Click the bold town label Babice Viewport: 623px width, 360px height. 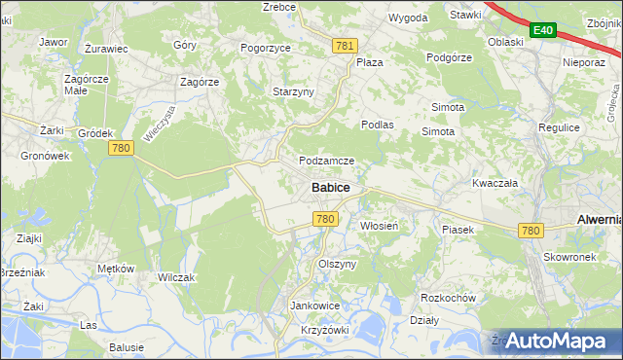tap(331, 187)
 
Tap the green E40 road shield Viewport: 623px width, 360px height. tap(543, 32)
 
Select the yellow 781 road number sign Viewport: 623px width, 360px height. tap(345, 46)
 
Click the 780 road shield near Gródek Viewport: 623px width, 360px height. tap(121, 147)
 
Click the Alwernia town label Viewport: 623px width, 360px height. tap(599, 220)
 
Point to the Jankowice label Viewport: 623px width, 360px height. tap(314, 305)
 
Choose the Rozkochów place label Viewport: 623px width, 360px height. tap(447, 298)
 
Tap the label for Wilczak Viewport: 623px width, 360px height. tap(176, 277)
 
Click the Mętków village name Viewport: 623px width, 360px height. tap(115, 269)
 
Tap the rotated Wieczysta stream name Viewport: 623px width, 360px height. tap(158, 126)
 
